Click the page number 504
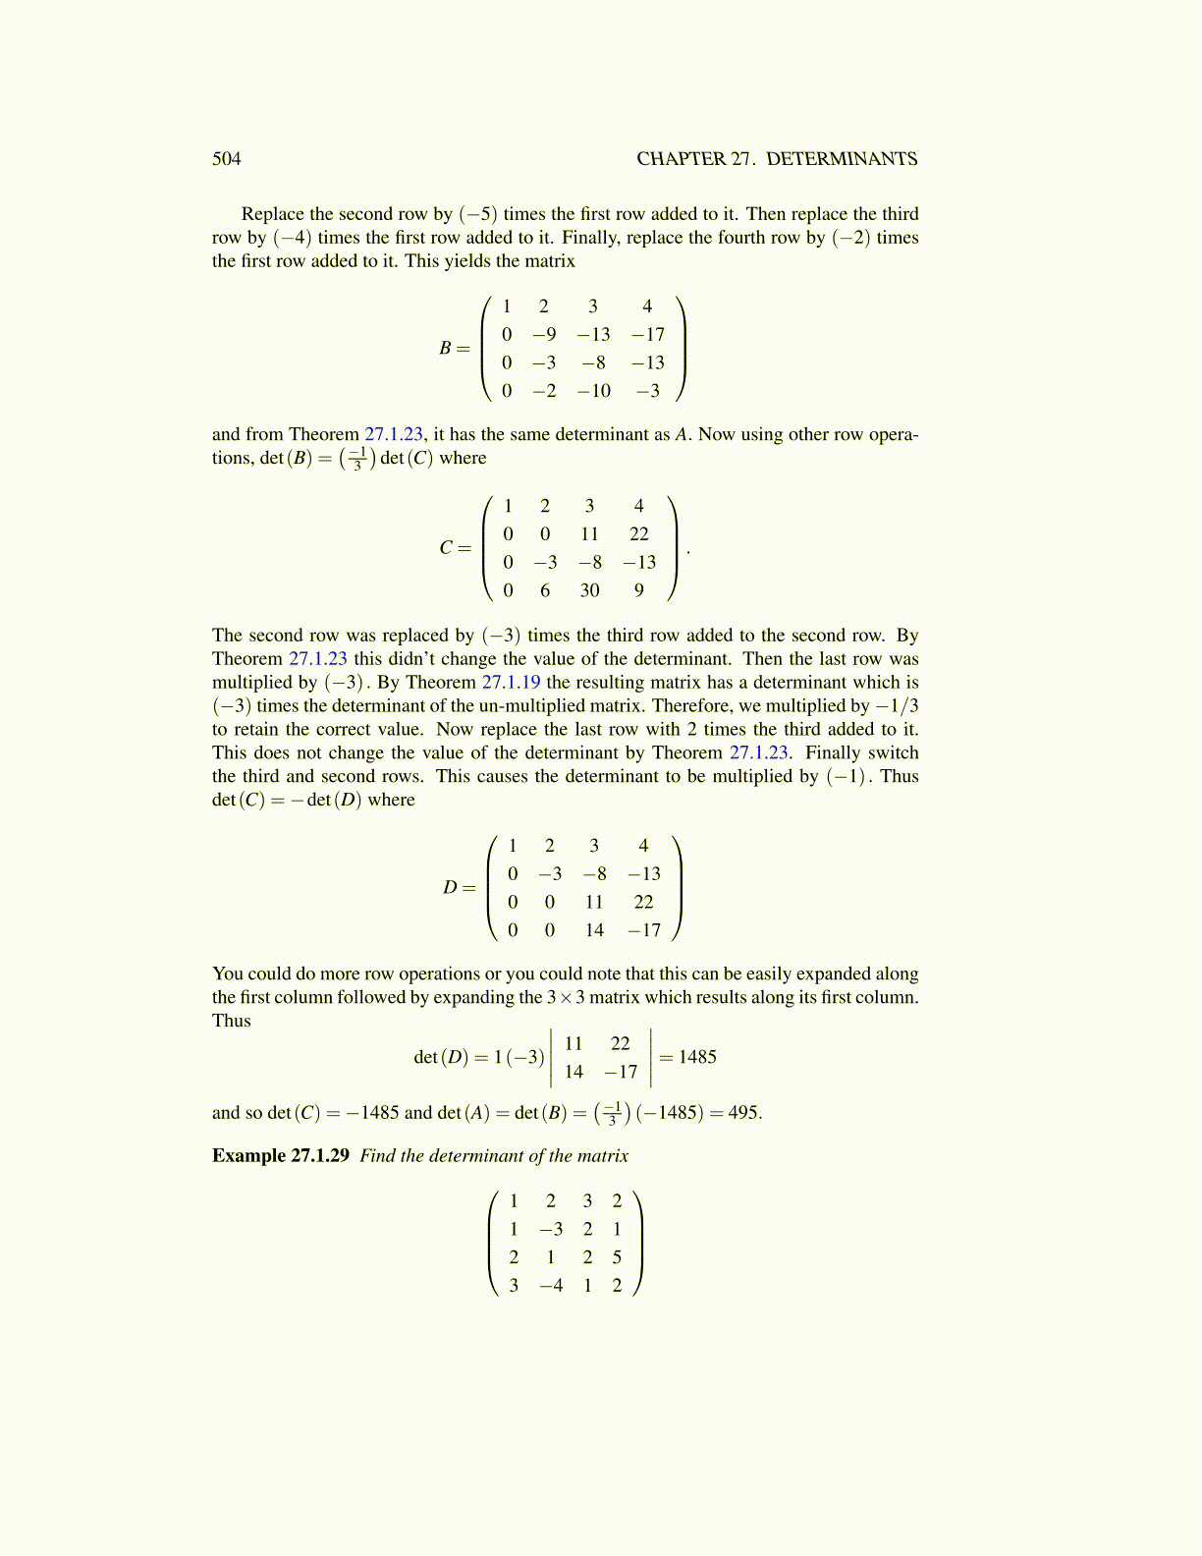[x=226, y=159]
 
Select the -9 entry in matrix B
[x=544, y=334]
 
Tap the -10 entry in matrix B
[x=593, y=391]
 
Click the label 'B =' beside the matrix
[x=454, y=348]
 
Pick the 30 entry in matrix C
[x=589, y=590]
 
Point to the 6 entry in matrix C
[x=545, y=590]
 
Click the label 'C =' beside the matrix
[x=455, y=547]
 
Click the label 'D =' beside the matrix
[x=459, y=887]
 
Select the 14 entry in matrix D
[x=594, y=930]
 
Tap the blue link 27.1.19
[x=511, y=683]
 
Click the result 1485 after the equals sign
[x=697, y=1057]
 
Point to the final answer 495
[x=742, y=1113]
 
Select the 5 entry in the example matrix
[x=617, y=1257]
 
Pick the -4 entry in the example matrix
[x=551, y=1286]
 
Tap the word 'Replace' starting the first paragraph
[x=273, y=214]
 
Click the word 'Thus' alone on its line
[x=232, y=1021]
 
